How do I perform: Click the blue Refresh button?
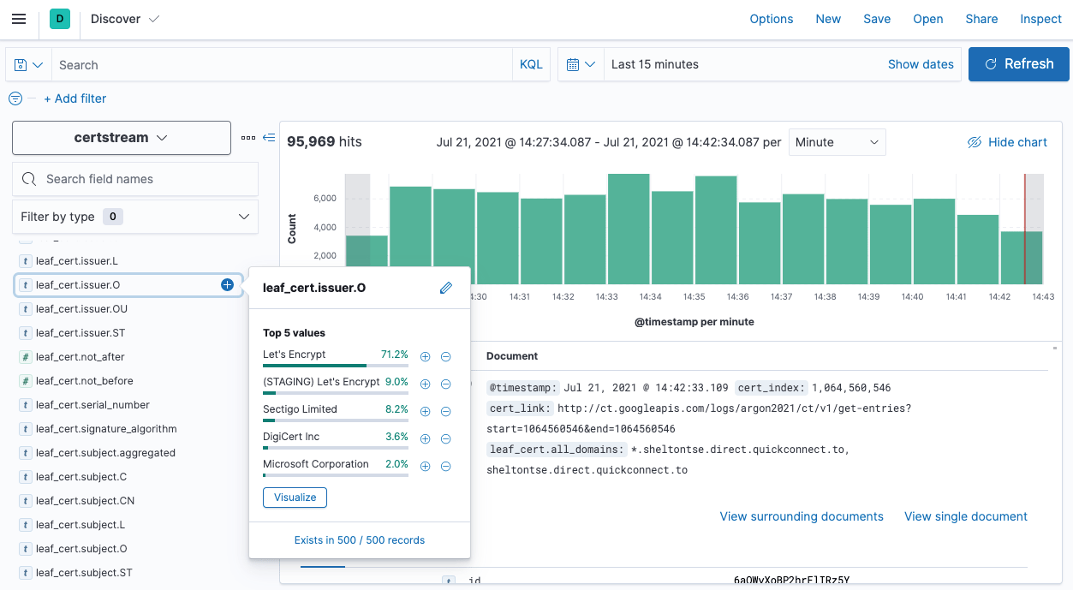1018,64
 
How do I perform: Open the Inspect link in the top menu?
1040,19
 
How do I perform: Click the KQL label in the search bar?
531,64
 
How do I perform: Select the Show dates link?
921,64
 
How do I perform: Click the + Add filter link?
75,98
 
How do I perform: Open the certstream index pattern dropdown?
121,138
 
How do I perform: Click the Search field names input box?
135,179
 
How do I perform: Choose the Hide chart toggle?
1007,142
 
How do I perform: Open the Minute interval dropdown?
837,142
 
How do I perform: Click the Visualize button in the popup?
295,498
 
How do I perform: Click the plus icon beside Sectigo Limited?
425,412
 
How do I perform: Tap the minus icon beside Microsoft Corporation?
445,467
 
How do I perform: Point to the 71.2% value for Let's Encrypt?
394,355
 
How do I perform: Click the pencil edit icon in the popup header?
445,288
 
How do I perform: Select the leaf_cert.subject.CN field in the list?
85,501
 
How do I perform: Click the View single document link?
965,516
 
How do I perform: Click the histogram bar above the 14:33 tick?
629,228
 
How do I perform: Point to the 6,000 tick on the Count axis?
324,199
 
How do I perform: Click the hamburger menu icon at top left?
19,19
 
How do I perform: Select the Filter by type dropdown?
135,217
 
